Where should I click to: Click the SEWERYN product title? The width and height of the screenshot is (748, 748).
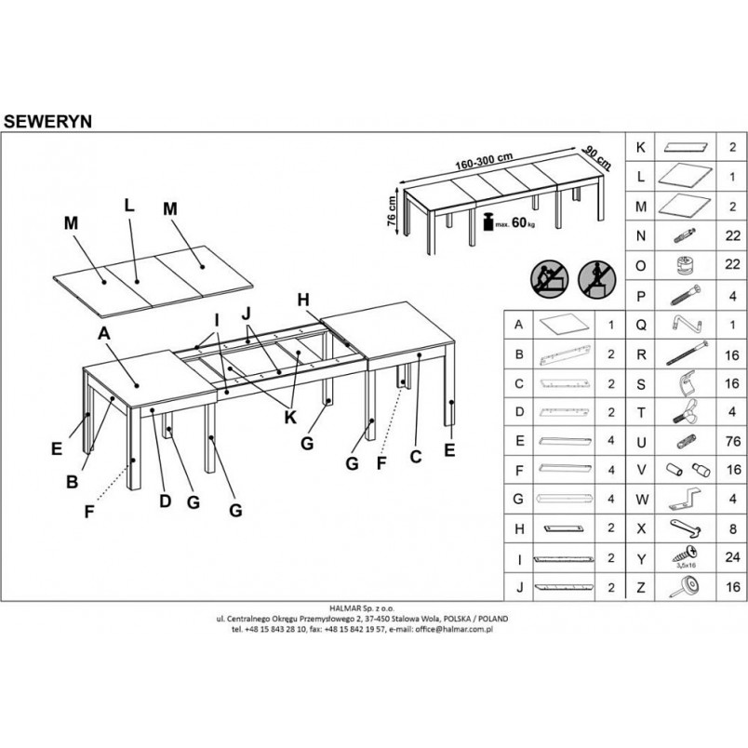(x=47, y=122)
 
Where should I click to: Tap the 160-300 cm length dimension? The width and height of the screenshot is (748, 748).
(x=484, y=161)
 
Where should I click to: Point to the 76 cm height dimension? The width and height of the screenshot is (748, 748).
(x=392, y=210)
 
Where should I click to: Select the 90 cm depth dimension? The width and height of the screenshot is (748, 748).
(x=596, y=157)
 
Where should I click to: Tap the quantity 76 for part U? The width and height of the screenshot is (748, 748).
(x=732, y=441)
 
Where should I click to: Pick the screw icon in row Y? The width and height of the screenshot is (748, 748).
(x=686, y=556)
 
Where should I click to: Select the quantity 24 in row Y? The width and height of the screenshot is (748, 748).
(x=732, y=556)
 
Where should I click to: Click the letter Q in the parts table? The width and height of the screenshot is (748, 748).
(x=641, y=326)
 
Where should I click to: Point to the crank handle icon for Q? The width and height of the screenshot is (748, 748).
(x=685, y=325)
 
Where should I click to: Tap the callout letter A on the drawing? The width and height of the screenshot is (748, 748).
(x=103, y=333)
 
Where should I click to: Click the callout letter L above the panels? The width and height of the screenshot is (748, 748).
(x=129, y=205)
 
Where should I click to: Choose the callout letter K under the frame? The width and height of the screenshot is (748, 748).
(x=290, y=418)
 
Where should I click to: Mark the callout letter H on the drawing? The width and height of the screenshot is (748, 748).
(x=303, y=300)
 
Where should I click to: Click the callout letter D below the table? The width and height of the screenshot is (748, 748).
(x=165, y=501)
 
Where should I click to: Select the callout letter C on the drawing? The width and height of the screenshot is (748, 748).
(x=416, y=457)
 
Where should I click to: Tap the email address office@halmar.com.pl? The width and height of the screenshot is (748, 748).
(x=454, y=629)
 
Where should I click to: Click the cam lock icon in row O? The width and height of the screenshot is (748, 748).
(x=685, y=265)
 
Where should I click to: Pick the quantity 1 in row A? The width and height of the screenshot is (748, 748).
(x=611, y=326)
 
